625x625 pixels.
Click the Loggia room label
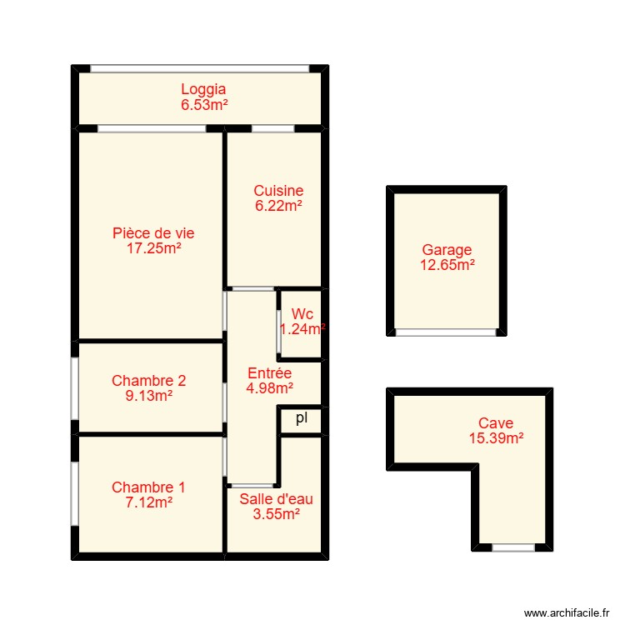pyautogui.click(x=203, y=89)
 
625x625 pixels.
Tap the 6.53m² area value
pyautogui.click(x=203, y=105)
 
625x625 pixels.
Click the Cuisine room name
pyautogui.click(x=278, y=191)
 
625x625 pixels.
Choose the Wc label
pyautogui.click(x=302, y=314)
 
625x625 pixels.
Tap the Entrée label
pyautogui.click(x=269, y=373)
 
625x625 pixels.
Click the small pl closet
pyautogui.click(x=301, y=419)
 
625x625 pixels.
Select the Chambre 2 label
pyautogui.click(x=148, y=381)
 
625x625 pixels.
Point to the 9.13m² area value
pyautogui.click(x=148, y=397)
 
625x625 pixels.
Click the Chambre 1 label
pyautogui.click(x=148, y=487)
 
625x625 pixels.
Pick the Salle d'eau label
pyautogui.click(x=276, y=499)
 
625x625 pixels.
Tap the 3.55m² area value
pyautogui.click(x=276, y=514)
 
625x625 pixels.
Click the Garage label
pyautogui.click(x=447, y=250)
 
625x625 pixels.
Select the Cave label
pyautogui.click(x=495, y=423)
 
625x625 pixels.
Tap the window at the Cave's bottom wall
pyautogui.click(x=512, y=547)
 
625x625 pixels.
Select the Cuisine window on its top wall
pyautogui.click(x=272, y=128)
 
